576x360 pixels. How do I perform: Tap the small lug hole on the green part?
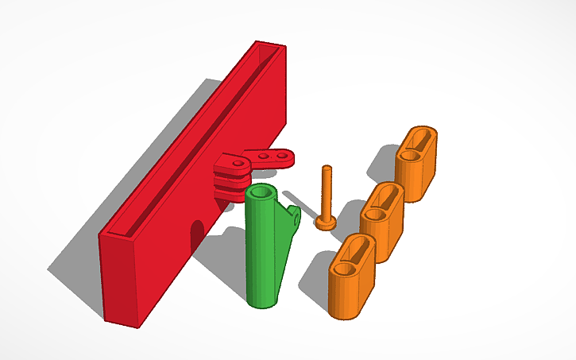(296, 213)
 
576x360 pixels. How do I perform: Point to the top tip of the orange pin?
(326, 168)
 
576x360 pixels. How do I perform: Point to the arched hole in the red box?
(196, 234)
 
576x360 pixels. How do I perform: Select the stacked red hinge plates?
(230, 176)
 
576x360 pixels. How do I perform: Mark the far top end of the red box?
(268, 48)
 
